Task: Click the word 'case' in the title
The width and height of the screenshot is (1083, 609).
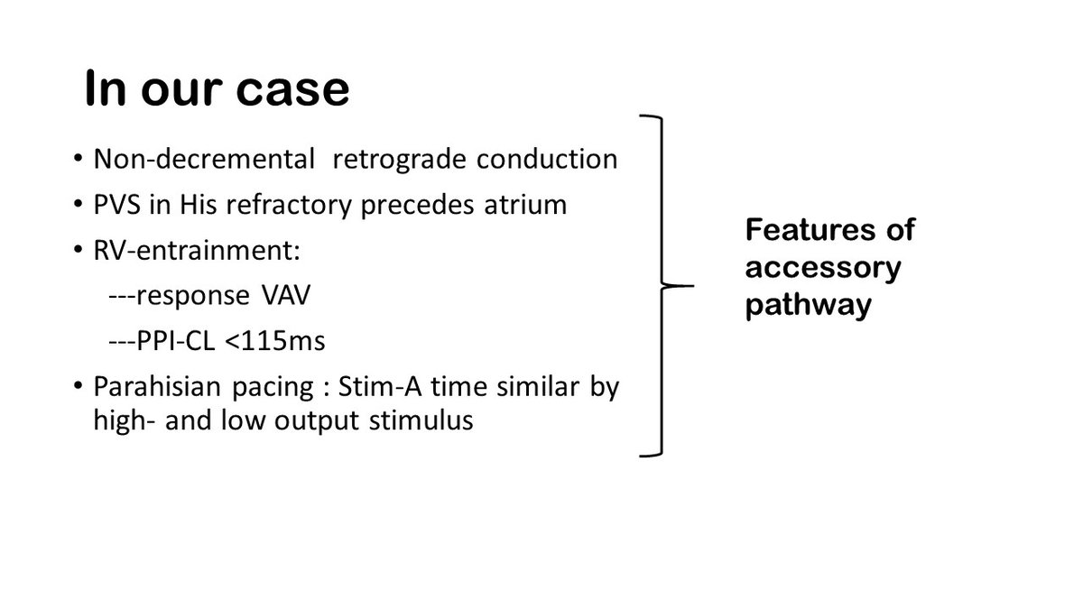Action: click(x=292, y=89)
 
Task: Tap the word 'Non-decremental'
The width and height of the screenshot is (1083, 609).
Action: click(x=204, y=159)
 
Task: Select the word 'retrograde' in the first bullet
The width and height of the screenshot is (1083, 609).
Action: click(x=400, y=161)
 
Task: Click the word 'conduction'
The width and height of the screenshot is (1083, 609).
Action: click(x=547, y=159)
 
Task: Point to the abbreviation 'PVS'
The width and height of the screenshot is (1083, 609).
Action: click(x=116, y=205)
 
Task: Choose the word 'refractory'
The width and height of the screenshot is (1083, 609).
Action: click(x=289, y=207)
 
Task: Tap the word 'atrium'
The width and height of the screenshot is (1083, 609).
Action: click(x=525, y=205)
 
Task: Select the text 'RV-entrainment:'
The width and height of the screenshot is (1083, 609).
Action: click(x=197, y=251)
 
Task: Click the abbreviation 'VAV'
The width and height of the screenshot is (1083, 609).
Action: click(x=286, y=295)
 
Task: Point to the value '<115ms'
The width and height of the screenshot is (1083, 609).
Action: click(x=275, y=341)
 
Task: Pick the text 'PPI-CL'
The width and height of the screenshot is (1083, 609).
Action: click(x=175, y=341)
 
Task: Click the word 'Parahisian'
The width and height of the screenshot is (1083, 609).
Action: click(x=158, y=387)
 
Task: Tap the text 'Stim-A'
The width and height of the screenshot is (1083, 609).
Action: click(x=380, y=387)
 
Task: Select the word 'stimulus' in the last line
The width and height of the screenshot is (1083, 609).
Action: click(x=421, y=420)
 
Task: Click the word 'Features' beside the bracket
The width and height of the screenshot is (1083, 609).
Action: click(x=810, y=229)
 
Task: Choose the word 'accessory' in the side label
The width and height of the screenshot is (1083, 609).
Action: click(x=823, y=269)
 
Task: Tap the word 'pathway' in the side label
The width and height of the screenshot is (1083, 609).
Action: click(x=809, y=306)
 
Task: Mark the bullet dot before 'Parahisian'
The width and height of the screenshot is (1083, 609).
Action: click(x=78, y=386)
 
